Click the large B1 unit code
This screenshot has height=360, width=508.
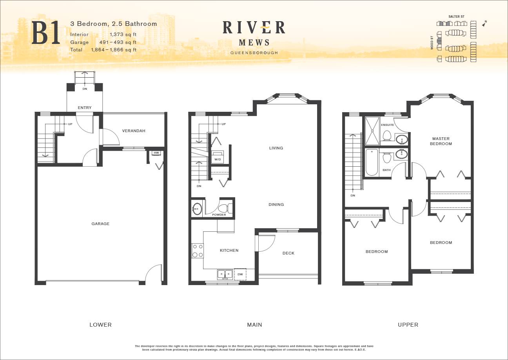point(46,33)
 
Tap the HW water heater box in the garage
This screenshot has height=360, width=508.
point(156,153)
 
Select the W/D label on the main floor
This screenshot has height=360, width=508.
point(218,160)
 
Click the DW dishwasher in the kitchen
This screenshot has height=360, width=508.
point(240,274)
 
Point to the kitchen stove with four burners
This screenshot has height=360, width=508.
point(198,251)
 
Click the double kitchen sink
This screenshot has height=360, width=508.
point(225,274)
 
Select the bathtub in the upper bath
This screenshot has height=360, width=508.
point(372,162)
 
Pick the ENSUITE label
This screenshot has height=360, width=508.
point(387,125)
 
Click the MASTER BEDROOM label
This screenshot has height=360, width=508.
point(441,141)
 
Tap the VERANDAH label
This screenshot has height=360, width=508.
point(134,131)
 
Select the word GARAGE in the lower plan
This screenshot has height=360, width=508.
point(100,224)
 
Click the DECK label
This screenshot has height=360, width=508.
point(288,253)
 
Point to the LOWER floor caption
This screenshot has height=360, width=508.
point(100,325)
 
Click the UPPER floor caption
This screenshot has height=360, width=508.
point(408,325)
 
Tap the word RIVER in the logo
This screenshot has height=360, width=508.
point(254,27)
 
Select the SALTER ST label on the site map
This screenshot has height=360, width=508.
point(456,17)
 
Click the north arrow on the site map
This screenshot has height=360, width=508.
point(484,24)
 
